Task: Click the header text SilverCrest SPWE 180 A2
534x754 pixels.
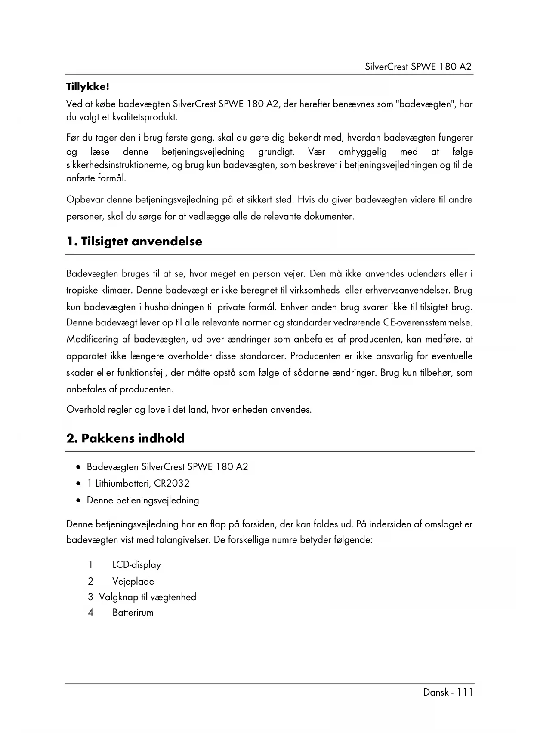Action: tap(418, 67)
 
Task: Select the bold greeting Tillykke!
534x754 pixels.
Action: tap(88, 87)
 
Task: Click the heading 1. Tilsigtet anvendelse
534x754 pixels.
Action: tap(134, 242)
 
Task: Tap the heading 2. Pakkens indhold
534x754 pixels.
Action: tap(125, 438)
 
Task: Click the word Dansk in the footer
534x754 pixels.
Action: tap(436, 692)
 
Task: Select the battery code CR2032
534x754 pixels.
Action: tap(172, 484)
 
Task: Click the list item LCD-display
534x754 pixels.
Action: tap(136, 565)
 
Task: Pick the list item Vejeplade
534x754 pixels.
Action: tap(133, 582)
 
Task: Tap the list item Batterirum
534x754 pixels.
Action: tap(133, 613)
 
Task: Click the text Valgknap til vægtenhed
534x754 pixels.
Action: tap(148, 597)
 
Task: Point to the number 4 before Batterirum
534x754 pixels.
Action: tap(90, 613)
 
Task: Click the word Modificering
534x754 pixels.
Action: tap(92, 340)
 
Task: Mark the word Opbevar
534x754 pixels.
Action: tap(84, 200)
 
